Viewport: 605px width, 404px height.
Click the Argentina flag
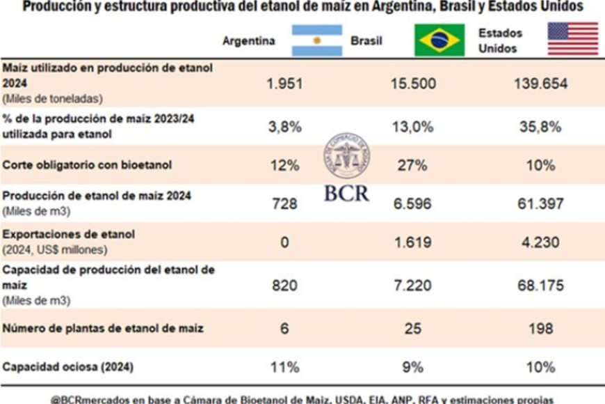click(316, 40)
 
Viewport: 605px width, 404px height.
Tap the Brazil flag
click(439, 40)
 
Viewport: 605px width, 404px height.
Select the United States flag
click(572, 39)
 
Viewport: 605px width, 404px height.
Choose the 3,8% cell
click(284, 126)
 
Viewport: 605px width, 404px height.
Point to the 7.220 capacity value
click(413, 286)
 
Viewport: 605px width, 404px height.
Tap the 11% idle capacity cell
click(284, 366)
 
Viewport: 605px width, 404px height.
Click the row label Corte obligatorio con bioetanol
click(87, 166)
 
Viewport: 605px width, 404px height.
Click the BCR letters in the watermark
click(346, 193)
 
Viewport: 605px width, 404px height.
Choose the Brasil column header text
click(366, 41)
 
